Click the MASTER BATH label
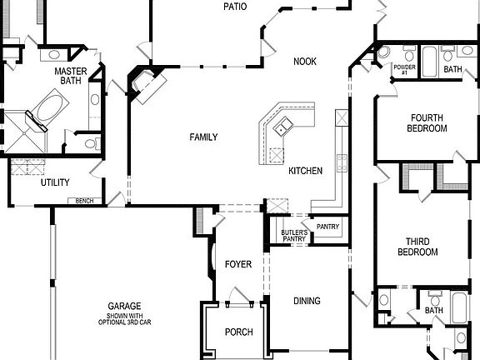coord(71,76)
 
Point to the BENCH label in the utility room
coord(84,201)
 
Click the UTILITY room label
coord(55,182)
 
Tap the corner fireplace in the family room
coord(144,84)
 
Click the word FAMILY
coord(203,137)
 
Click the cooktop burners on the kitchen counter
coord(341,159)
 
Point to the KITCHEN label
coord(305,171)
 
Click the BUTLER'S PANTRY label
coord(293,235)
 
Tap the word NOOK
coord(305,61)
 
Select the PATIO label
coord(235,7)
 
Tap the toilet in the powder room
coord(384,52)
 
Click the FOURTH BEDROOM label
coord(427,123)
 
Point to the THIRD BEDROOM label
coord(417,247)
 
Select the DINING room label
coord(307,301)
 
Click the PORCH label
coord(238,332)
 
